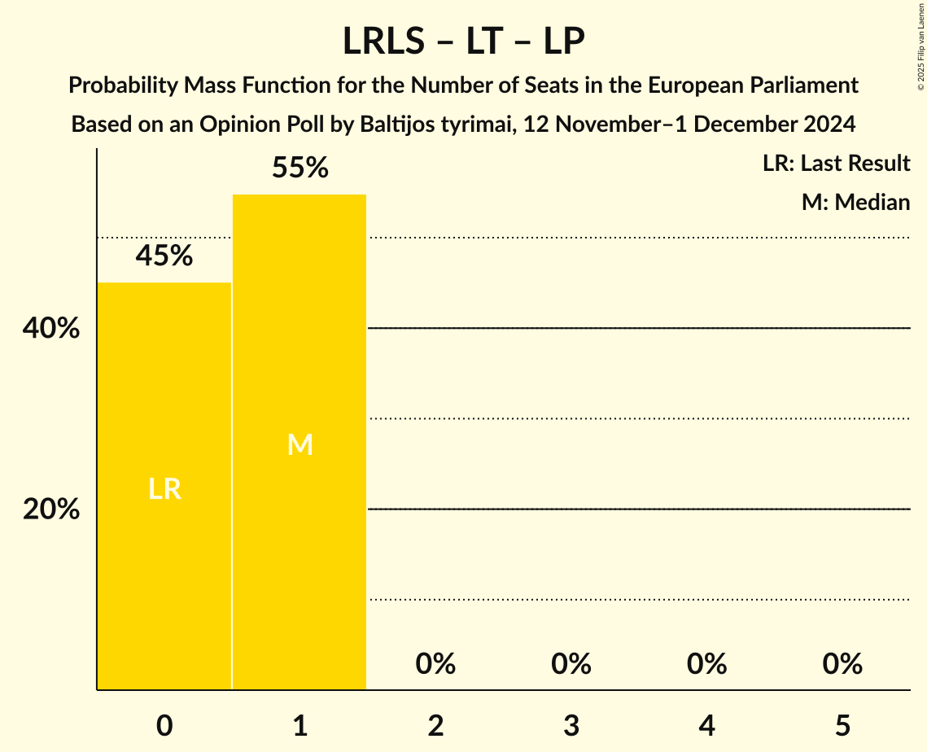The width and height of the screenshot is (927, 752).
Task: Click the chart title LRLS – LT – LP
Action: (463, 42)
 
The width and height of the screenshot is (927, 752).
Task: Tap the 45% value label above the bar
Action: (164, 256)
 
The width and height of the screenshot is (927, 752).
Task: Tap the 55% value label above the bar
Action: (300, 168)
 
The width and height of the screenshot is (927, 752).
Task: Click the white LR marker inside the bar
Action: (164, 489)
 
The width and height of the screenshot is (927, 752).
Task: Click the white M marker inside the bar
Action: (300, 444)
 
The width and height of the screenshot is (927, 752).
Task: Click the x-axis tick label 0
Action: (164, 726)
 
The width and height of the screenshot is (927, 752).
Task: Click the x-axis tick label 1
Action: (300, 726)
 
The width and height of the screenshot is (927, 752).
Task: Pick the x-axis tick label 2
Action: (435, 726)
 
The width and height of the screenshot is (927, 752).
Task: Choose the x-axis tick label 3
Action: (571, 726)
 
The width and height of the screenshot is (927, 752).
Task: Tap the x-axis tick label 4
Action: (706, 726)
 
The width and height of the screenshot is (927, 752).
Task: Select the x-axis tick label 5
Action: (842, 726)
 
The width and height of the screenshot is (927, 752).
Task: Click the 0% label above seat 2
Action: (435, 664)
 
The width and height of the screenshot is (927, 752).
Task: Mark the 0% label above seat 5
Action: (842, 664)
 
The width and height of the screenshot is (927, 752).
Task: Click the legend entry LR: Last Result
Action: (836, 164)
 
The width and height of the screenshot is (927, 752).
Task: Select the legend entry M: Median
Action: (855, 202)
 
